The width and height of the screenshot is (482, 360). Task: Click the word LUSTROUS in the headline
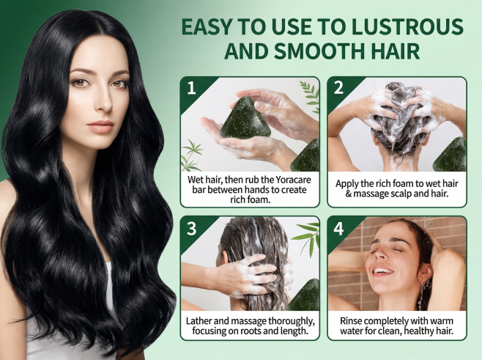click(407, 26)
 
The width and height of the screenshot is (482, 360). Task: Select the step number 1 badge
click(191, 88)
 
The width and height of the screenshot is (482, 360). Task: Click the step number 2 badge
click(338, 88)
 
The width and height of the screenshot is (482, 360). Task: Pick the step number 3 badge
click(191, 229)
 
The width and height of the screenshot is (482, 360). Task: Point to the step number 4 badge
click(338, 229)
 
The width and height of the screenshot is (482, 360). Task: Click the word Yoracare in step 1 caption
click(293, 180)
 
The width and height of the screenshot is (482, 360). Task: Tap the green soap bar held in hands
click(246, 117)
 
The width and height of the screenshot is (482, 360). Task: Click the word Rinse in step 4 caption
click(351, 321)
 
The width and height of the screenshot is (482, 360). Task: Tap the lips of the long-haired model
click(100, 126)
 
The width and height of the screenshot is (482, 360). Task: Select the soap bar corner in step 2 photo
click(450, 155)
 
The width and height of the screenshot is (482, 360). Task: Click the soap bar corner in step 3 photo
click(304, 295)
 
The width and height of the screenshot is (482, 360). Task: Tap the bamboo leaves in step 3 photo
click(306, 235)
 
